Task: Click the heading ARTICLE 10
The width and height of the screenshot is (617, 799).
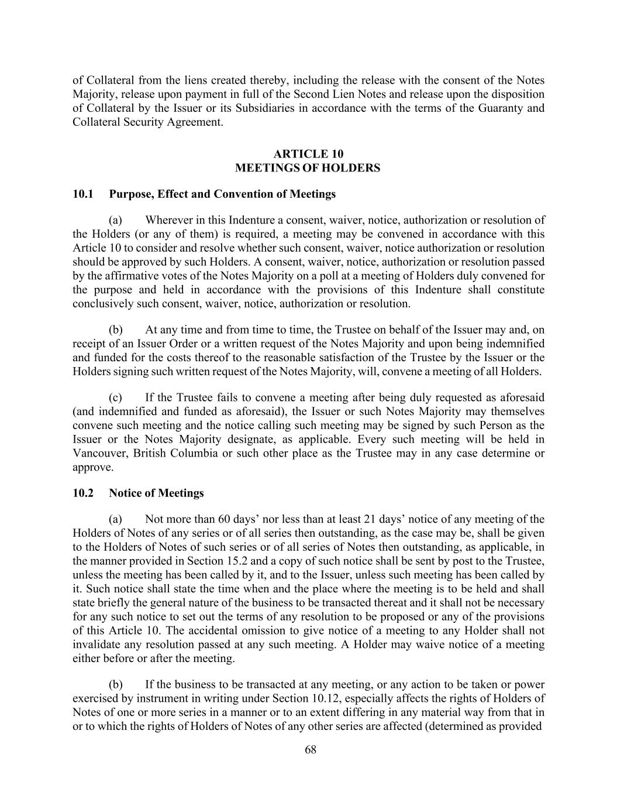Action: coord(308,154)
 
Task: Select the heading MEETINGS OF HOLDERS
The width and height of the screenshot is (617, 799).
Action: coord(308,168)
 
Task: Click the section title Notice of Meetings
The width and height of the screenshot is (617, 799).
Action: coord(156,493)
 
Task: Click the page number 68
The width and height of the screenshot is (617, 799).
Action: coord(311,750)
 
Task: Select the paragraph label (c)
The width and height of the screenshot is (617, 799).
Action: coord(115,397)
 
